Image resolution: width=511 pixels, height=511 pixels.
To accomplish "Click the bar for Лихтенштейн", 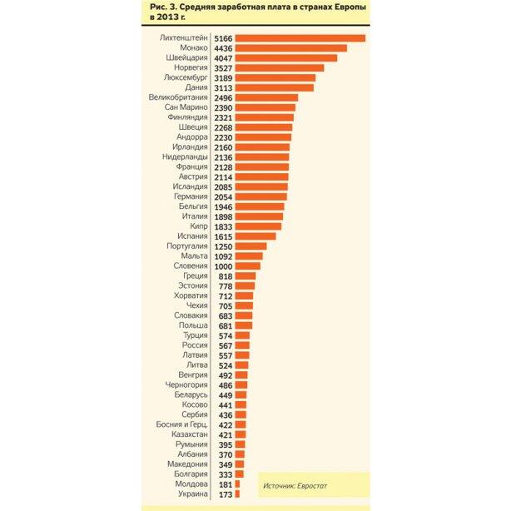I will coord(300,38).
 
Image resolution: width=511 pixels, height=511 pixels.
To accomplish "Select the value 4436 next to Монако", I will coord(222,48).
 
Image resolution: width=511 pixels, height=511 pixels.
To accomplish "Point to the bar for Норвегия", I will coord(279,68).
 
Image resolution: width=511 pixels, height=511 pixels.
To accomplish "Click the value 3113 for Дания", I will coord(222,87).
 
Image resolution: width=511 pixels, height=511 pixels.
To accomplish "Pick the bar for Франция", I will coord(261,166).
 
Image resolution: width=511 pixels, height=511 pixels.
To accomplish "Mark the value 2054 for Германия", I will coord(222,196).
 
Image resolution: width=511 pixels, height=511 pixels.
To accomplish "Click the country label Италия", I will coord(195,216).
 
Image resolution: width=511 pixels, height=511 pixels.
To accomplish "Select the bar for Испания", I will coord(255,236).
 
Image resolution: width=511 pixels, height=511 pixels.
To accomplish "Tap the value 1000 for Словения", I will coord(222,265).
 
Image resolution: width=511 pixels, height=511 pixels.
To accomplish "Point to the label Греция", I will coord(196,275).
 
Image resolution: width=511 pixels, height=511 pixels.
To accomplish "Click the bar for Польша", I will coord(243,325).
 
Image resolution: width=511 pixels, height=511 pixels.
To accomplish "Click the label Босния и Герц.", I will coord(181,424).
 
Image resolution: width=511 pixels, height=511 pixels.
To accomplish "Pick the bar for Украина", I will coord(237,494).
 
